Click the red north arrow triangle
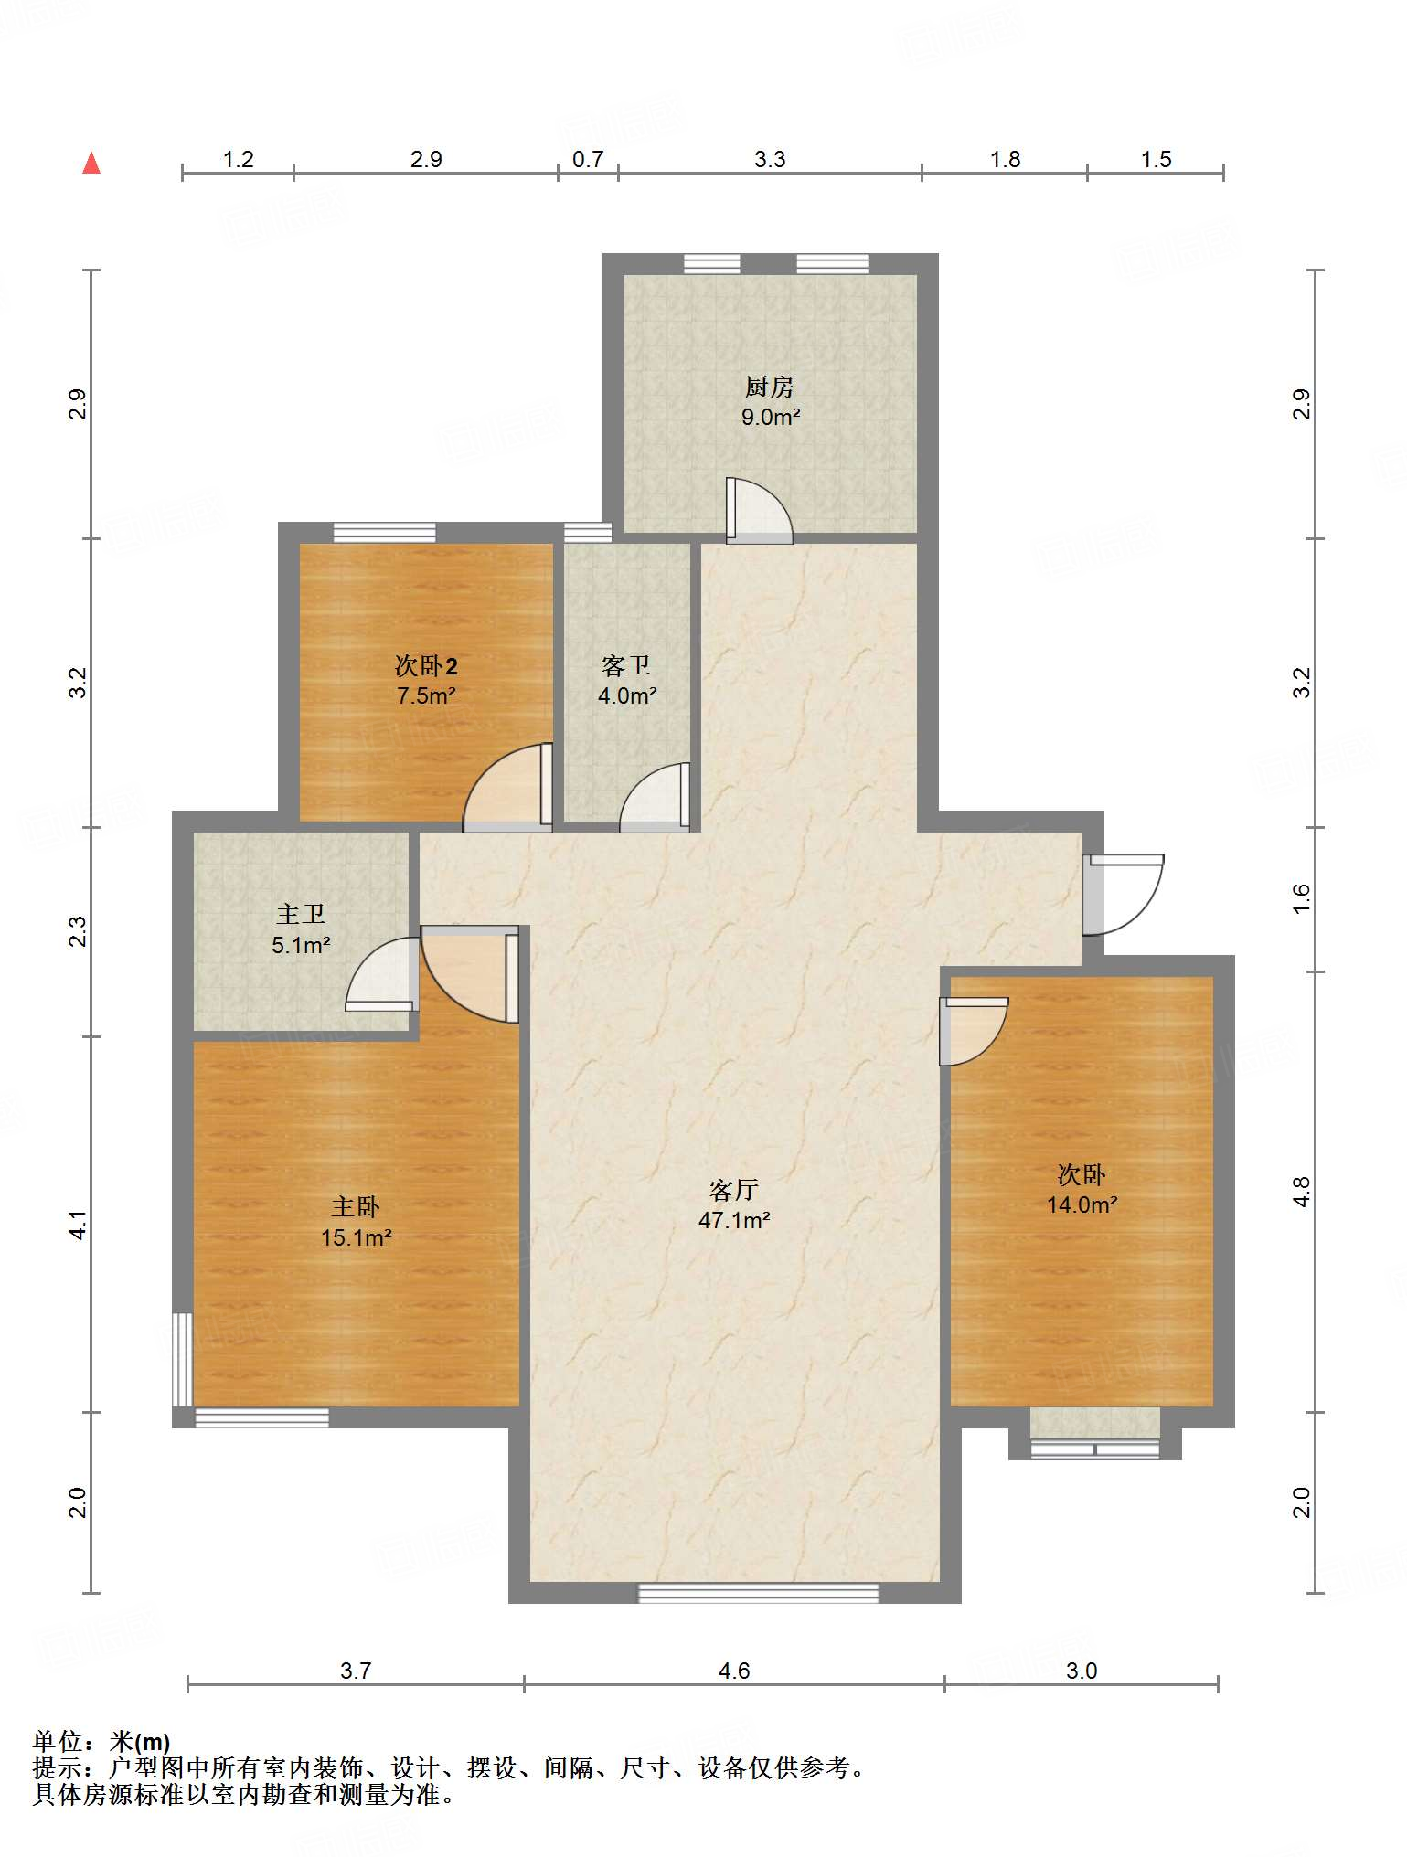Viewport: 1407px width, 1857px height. click(x=91, y=163)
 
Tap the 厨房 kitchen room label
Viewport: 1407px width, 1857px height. click(x=769, y=387)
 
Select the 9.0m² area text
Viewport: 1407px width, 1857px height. click(x=771, y=418)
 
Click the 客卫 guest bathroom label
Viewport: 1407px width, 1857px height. click(x=626, y=666)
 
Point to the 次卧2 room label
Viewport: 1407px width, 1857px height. click(x=426, y=666)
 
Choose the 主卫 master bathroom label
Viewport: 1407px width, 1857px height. click(x=301, y=915)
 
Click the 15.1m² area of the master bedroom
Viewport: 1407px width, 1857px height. click(x=357, y=1237)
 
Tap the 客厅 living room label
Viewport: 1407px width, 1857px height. click(x=733, y=1190)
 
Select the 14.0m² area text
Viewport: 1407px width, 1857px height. click(x=1082, y=1204)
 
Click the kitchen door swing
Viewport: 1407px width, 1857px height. click(x=759, y=511)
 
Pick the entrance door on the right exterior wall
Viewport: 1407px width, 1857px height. click(x=1123, y=895)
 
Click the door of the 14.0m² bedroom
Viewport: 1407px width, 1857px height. click(x=974, y=1032)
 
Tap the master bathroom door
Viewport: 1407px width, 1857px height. click(x=382, y=974)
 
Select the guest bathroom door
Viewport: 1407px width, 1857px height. click(x=655, y=798)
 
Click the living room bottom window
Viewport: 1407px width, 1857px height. click(x=758, y=1593)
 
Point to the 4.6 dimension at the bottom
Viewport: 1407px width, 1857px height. click(x=734, y=1671)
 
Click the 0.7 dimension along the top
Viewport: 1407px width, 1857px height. click(x=588, y=160)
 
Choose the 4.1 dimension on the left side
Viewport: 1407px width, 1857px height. click(x=79, y=1225)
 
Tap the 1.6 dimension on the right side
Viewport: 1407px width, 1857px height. click(x=1302, y=898)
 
